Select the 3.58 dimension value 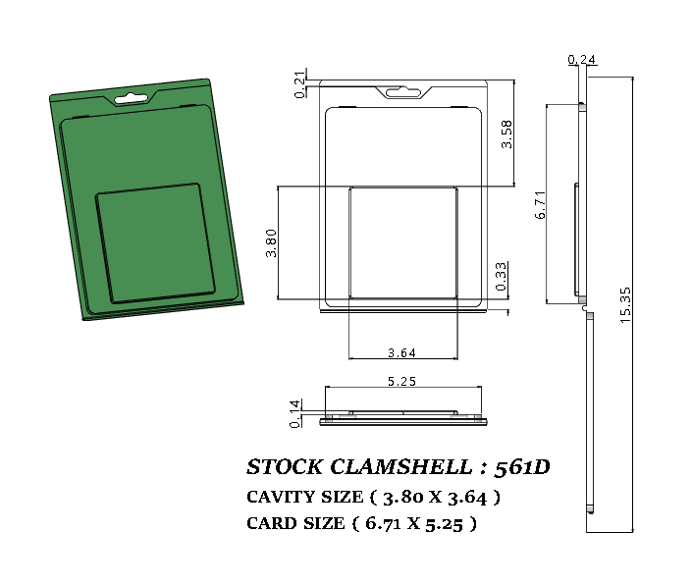[x=506, y=133]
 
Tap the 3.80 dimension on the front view [x=271, y=242]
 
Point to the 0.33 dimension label [x=502, y=277]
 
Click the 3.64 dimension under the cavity [x=401, y=353]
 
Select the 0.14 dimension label [x=295, y=413]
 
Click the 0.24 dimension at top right [x=582, y=61]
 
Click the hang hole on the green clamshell [x=130, y=97]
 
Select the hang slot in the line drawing [x=403, y=93]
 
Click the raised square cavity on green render [x=154, y=242]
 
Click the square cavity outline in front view [x=403, y=241]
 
